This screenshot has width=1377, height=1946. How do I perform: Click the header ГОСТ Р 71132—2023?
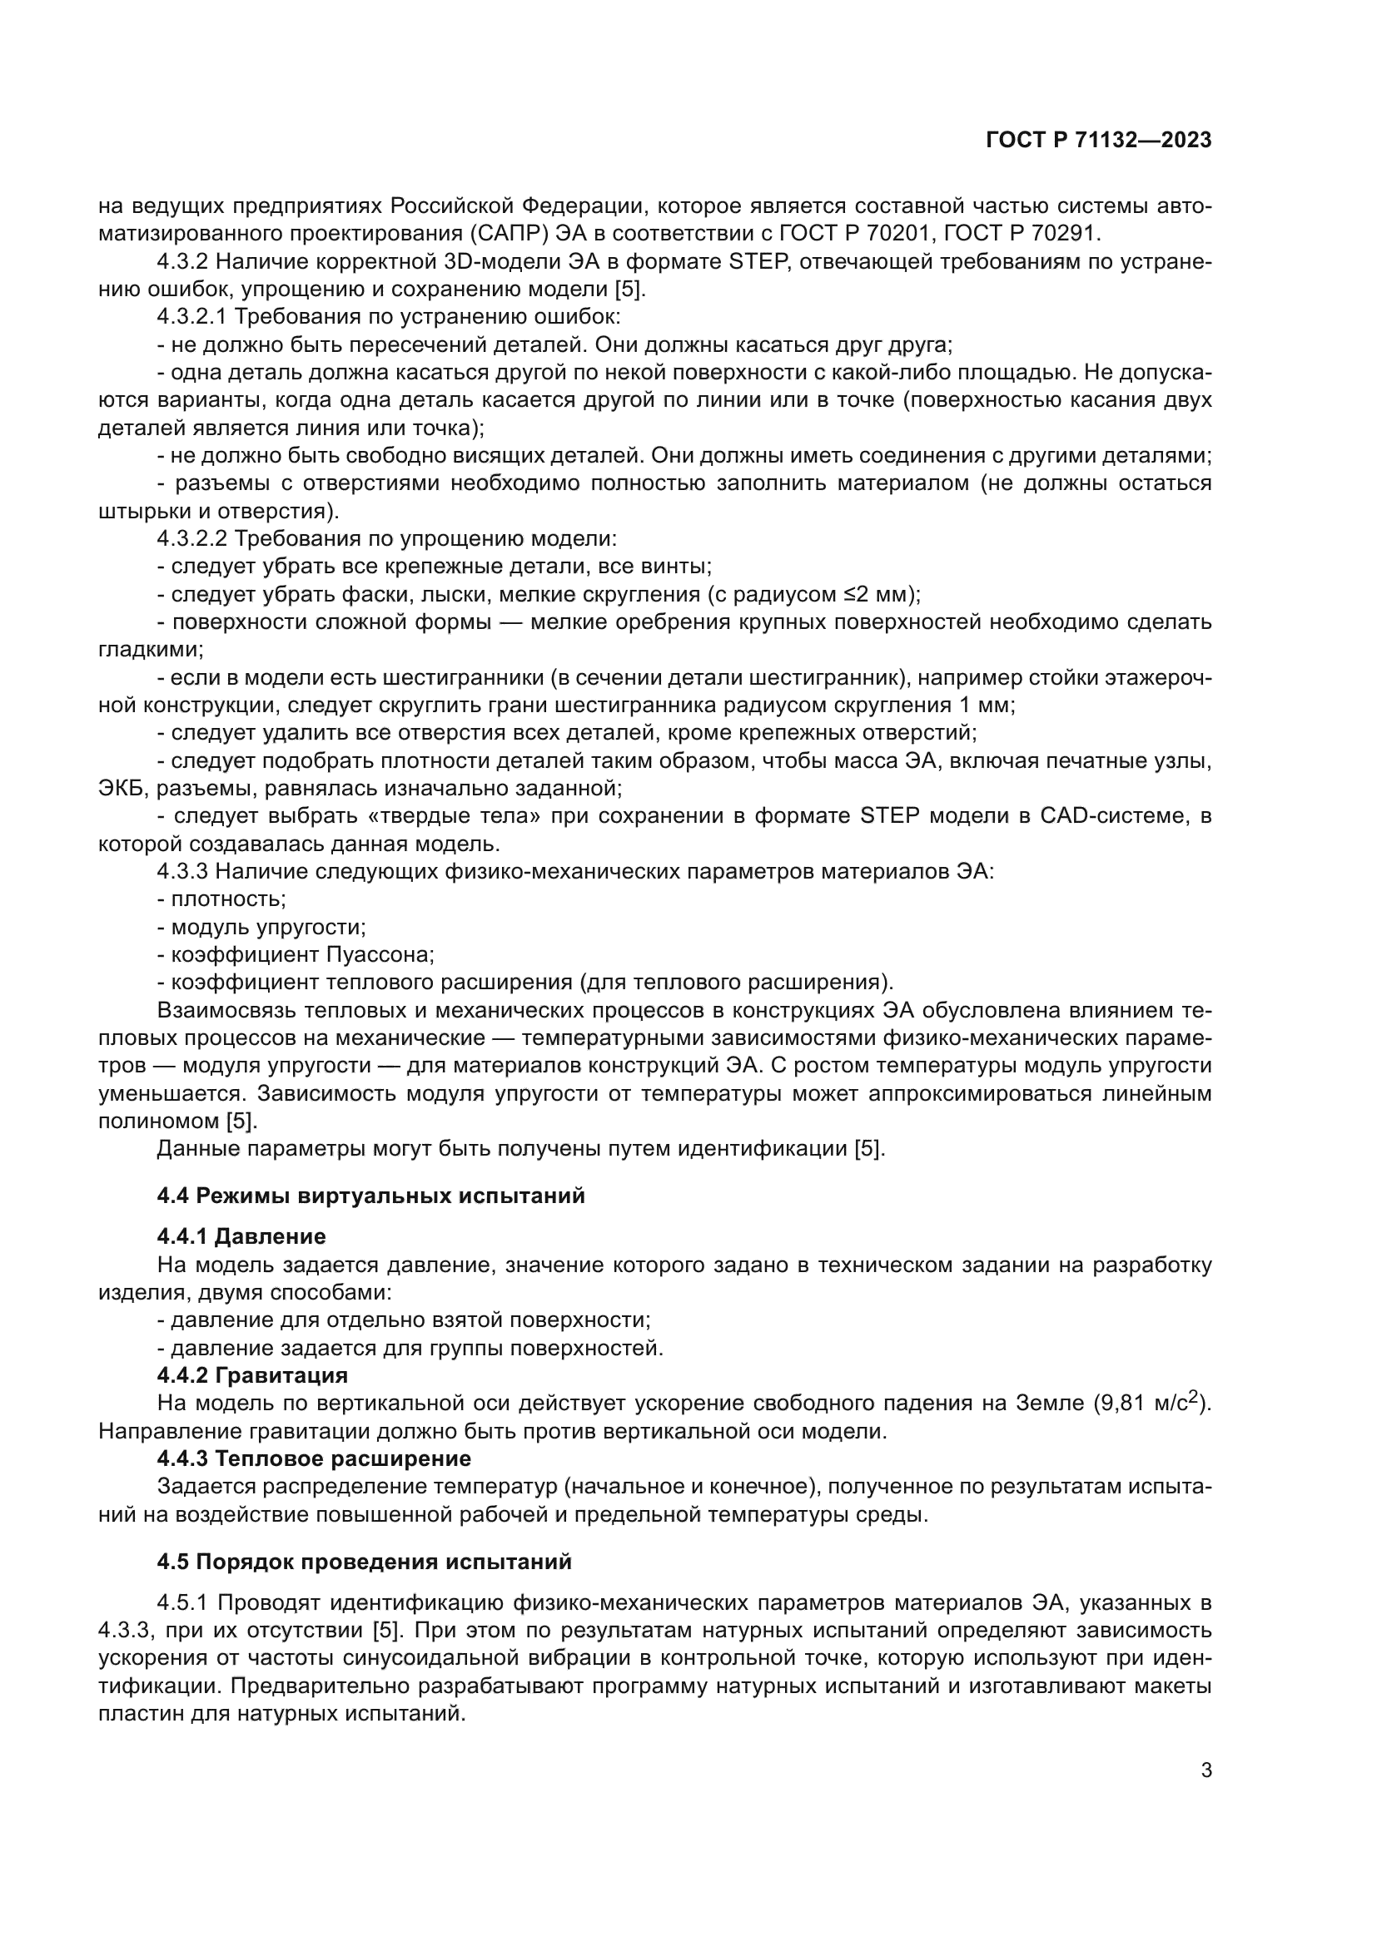[x=1099, y=141]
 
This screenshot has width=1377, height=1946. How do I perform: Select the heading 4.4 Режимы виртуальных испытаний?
[x=370, y=1196]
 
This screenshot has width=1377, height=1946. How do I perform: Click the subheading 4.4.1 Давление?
[x=241, y=1236]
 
